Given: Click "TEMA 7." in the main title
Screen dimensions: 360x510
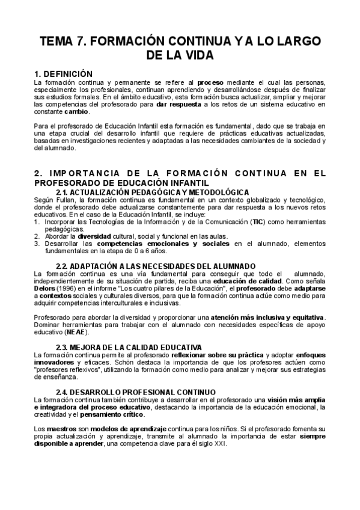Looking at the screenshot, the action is coord(61,41).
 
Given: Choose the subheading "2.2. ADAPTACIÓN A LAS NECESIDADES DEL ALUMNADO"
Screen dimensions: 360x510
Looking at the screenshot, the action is coord(155,266).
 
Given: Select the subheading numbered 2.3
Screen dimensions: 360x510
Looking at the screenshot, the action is coord(129,348).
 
